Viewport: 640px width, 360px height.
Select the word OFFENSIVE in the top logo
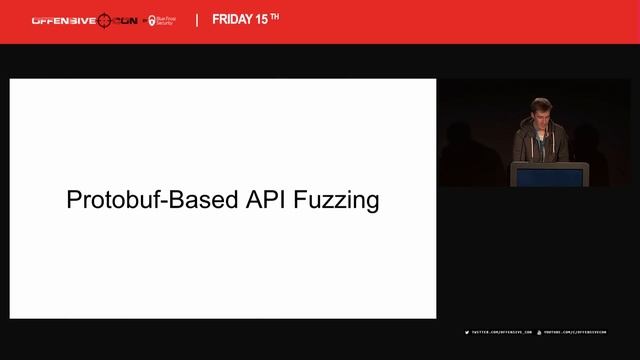63,19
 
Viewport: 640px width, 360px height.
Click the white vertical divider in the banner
196,19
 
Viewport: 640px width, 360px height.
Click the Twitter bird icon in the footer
467,332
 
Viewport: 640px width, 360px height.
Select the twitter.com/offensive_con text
501,332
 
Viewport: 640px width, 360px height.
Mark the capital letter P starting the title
73,199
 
